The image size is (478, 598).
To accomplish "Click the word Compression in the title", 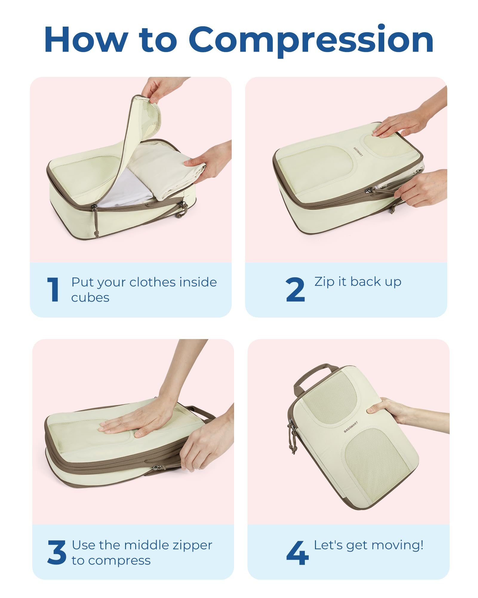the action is [x=311, y=40].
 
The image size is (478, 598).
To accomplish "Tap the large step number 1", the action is [x=53, y=289].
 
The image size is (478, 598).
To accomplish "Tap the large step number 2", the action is [x=295, y=289].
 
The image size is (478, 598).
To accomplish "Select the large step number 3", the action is [x=57, y=552].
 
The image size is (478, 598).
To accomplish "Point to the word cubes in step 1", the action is [x=90, y=298].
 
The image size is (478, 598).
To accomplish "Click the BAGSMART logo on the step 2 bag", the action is [x=358, y=152].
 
